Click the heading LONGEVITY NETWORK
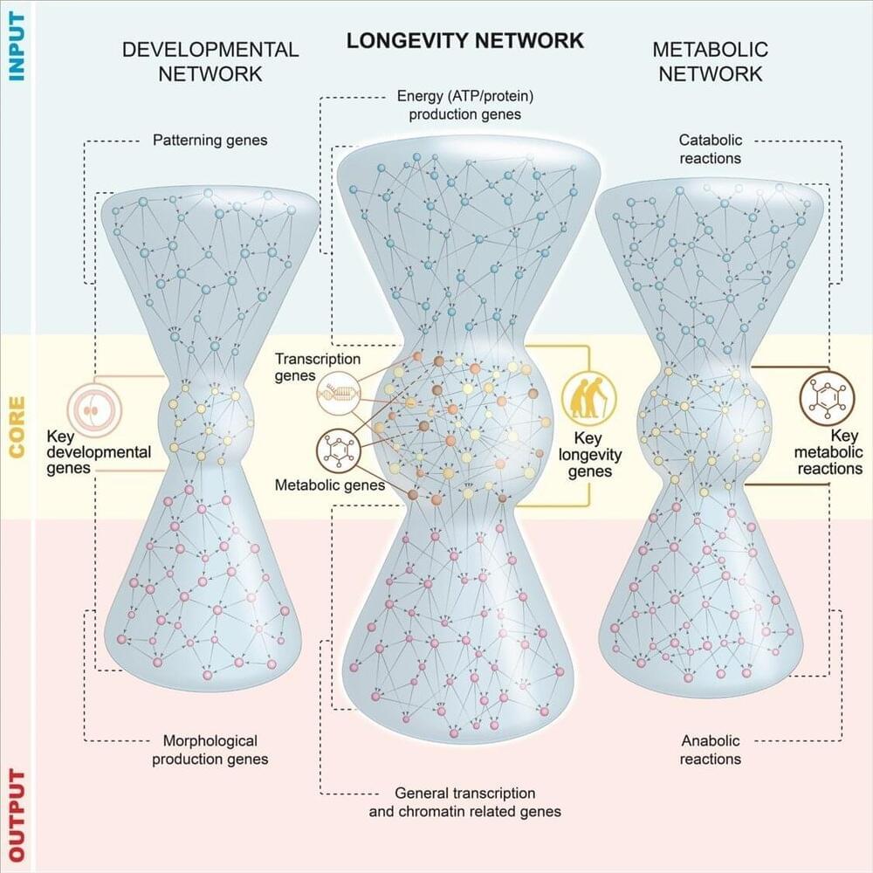[x=465, y=41]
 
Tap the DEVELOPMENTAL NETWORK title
[x=210, y=61]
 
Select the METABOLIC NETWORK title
[x=710, y=61]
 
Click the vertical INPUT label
[x=17, y=47]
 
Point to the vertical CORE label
[x=17, y=427]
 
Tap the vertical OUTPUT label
[x=17, y=815]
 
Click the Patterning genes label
[x=210, y=140]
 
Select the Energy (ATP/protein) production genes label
[x=465, y=106]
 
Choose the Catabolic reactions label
[x=711, y=149]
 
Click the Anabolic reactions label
[x=711, y=749]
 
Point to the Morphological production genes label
[x=210, y=749]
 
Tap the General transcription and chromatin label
[x=465, y=801]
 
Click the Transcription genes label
[x=318, y=368]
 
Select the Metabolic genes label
[x=330, y=485]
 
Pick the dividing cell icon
[x=94, y=410]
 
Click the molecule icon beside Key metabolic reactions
[x=827, y=399]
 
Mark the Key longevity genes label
[x=590, y=455]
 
